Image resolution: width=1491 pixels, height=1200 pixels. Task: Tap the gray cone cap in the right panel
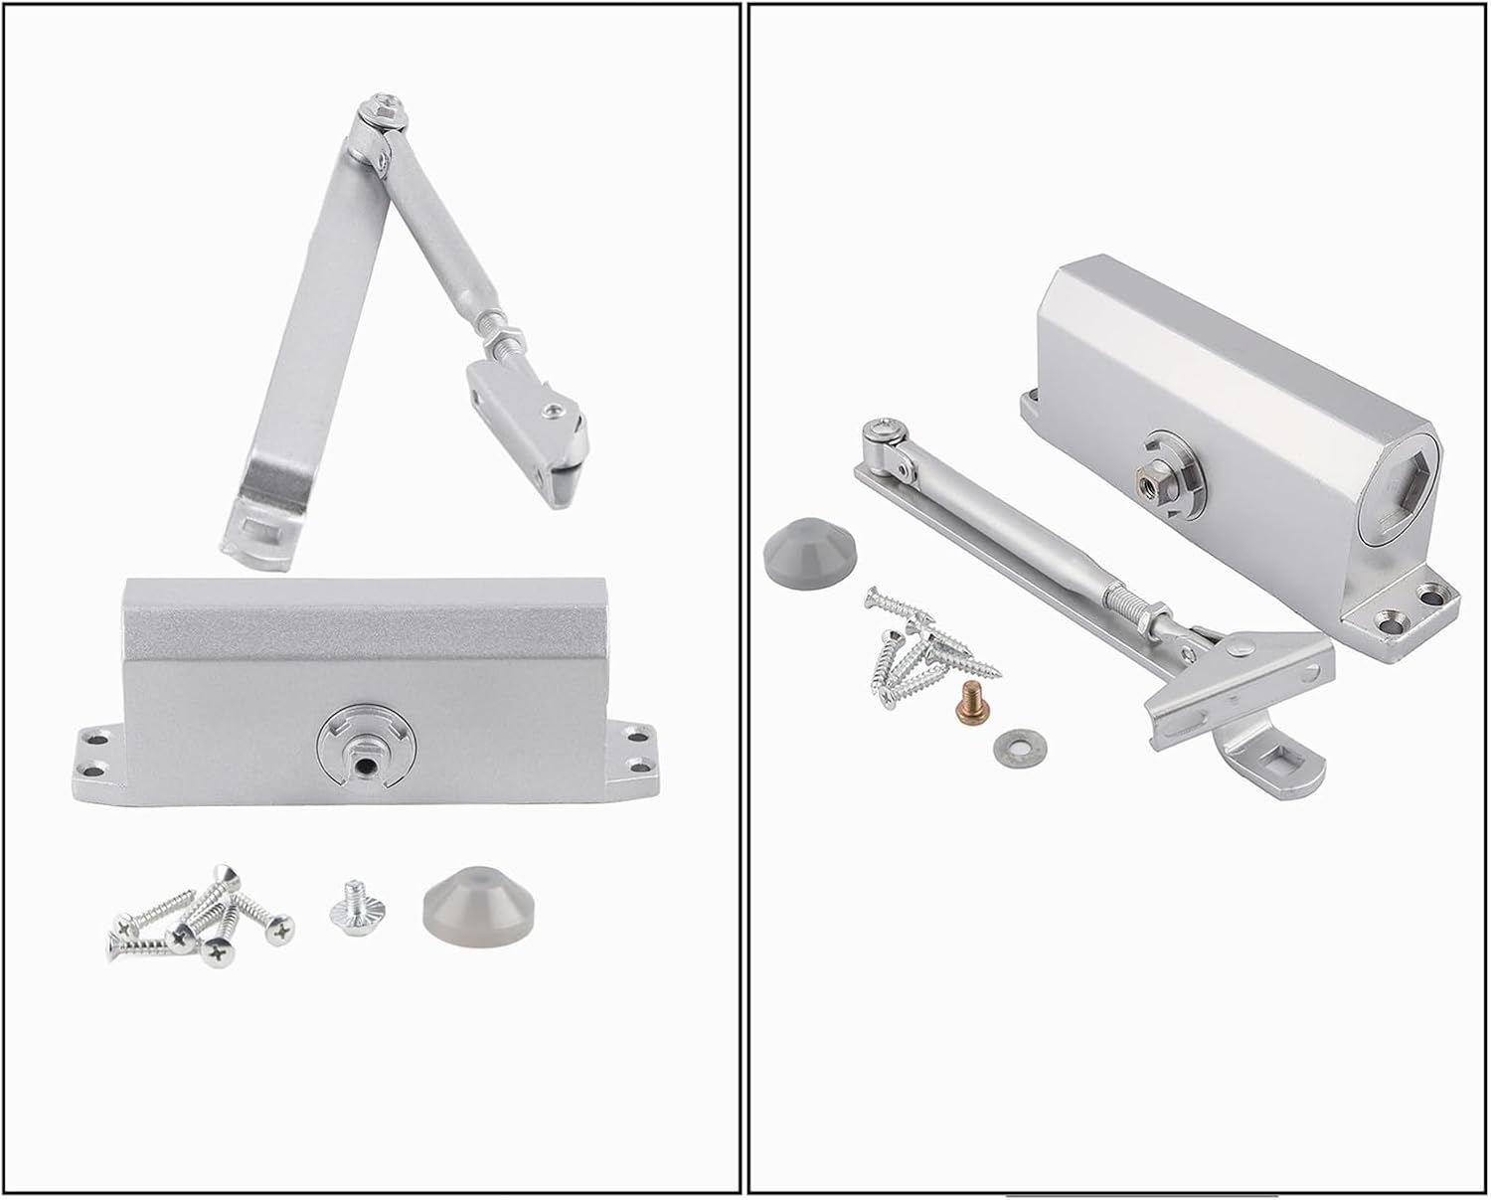pyautogui.click(x=800, y=551)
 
